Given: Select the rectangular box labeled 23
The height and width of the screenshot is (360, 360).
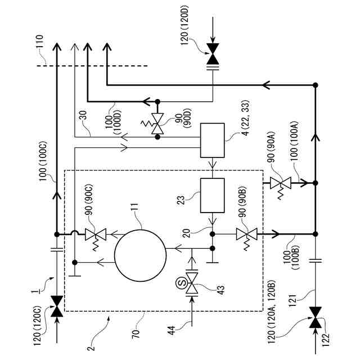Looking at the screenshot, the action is tap(213, 195).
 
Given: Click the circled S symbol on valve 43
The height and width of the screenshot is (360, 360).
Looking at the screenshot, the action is tap(182, 283).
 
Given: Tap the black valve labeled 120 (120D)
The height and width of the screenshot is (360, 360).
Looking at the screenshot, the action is tap(213, 54).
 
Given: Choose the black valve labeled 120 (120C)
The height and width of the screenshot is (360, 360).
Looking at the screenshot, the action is tap(57, 306).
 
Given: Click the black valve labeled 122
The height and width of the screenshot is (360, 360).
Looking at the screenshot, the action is tap(316, 317).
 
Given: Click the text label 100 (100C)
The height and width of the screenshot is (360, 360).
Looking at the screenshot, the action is tap(43, 161).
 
